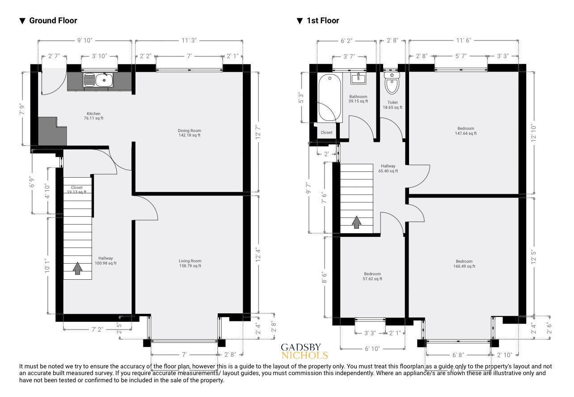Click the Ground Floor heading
click(x=53, y=21)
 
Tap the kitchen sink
click(x=98, y=80)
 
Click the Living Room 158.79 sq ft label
click(x=190, y=263)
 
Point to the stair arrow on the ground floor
click(x=77, y=268)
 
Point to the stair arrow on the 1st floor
click(x=356, y=222)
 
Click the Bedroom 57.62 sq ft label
click(x=372, y=276)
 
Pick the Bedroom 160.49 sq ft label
click(x=464, y=264)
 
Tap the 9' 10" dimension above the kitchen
click(x=84, y=41)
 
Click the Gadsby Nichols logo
click(x=304, y=352)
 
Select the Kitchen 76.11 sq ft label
click(x=93, y=116)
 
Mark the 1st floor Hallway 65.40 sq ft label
click(x=388, y=168)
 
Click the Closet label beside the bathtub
click(x=326, y=132)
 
